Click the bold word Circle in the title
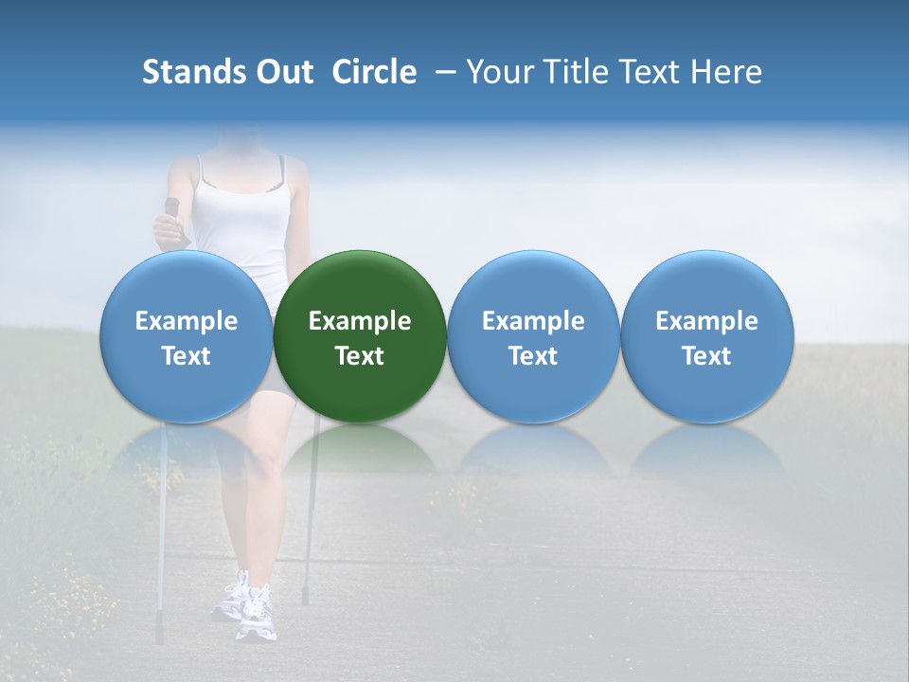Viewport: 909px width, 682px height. tap(374, 72)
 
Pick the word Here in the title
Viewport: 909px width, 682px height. tap(727, 72)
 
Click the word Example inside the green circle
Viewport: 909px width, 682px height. tap(360, 321)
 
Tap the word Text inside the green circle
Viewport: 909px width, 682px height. tap(360, 356)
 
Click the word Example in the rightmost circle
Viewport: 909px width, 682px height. tap(707, 321)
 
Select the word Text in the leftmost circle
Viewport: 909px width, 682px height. tap(187, 356)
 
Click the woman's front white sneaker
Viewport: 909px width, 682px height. tap(256, 616)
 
